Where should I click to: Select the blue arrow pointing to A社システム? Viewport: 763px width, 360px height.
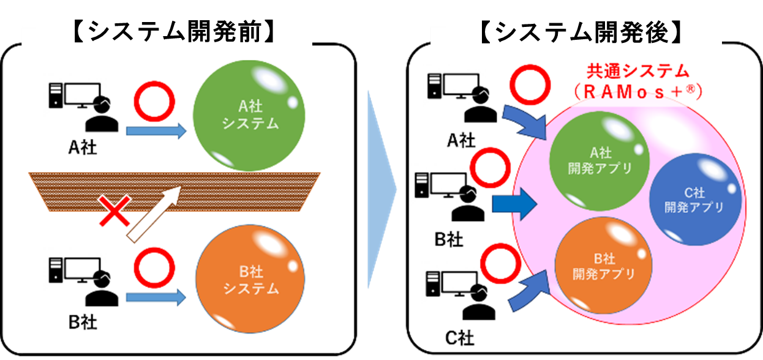[156, 130]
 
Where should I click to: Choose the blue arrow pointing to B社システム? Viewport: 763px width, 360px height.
[156, 298]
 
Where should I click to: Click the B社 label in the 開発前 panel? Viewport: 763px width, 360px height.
[82, 321]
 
